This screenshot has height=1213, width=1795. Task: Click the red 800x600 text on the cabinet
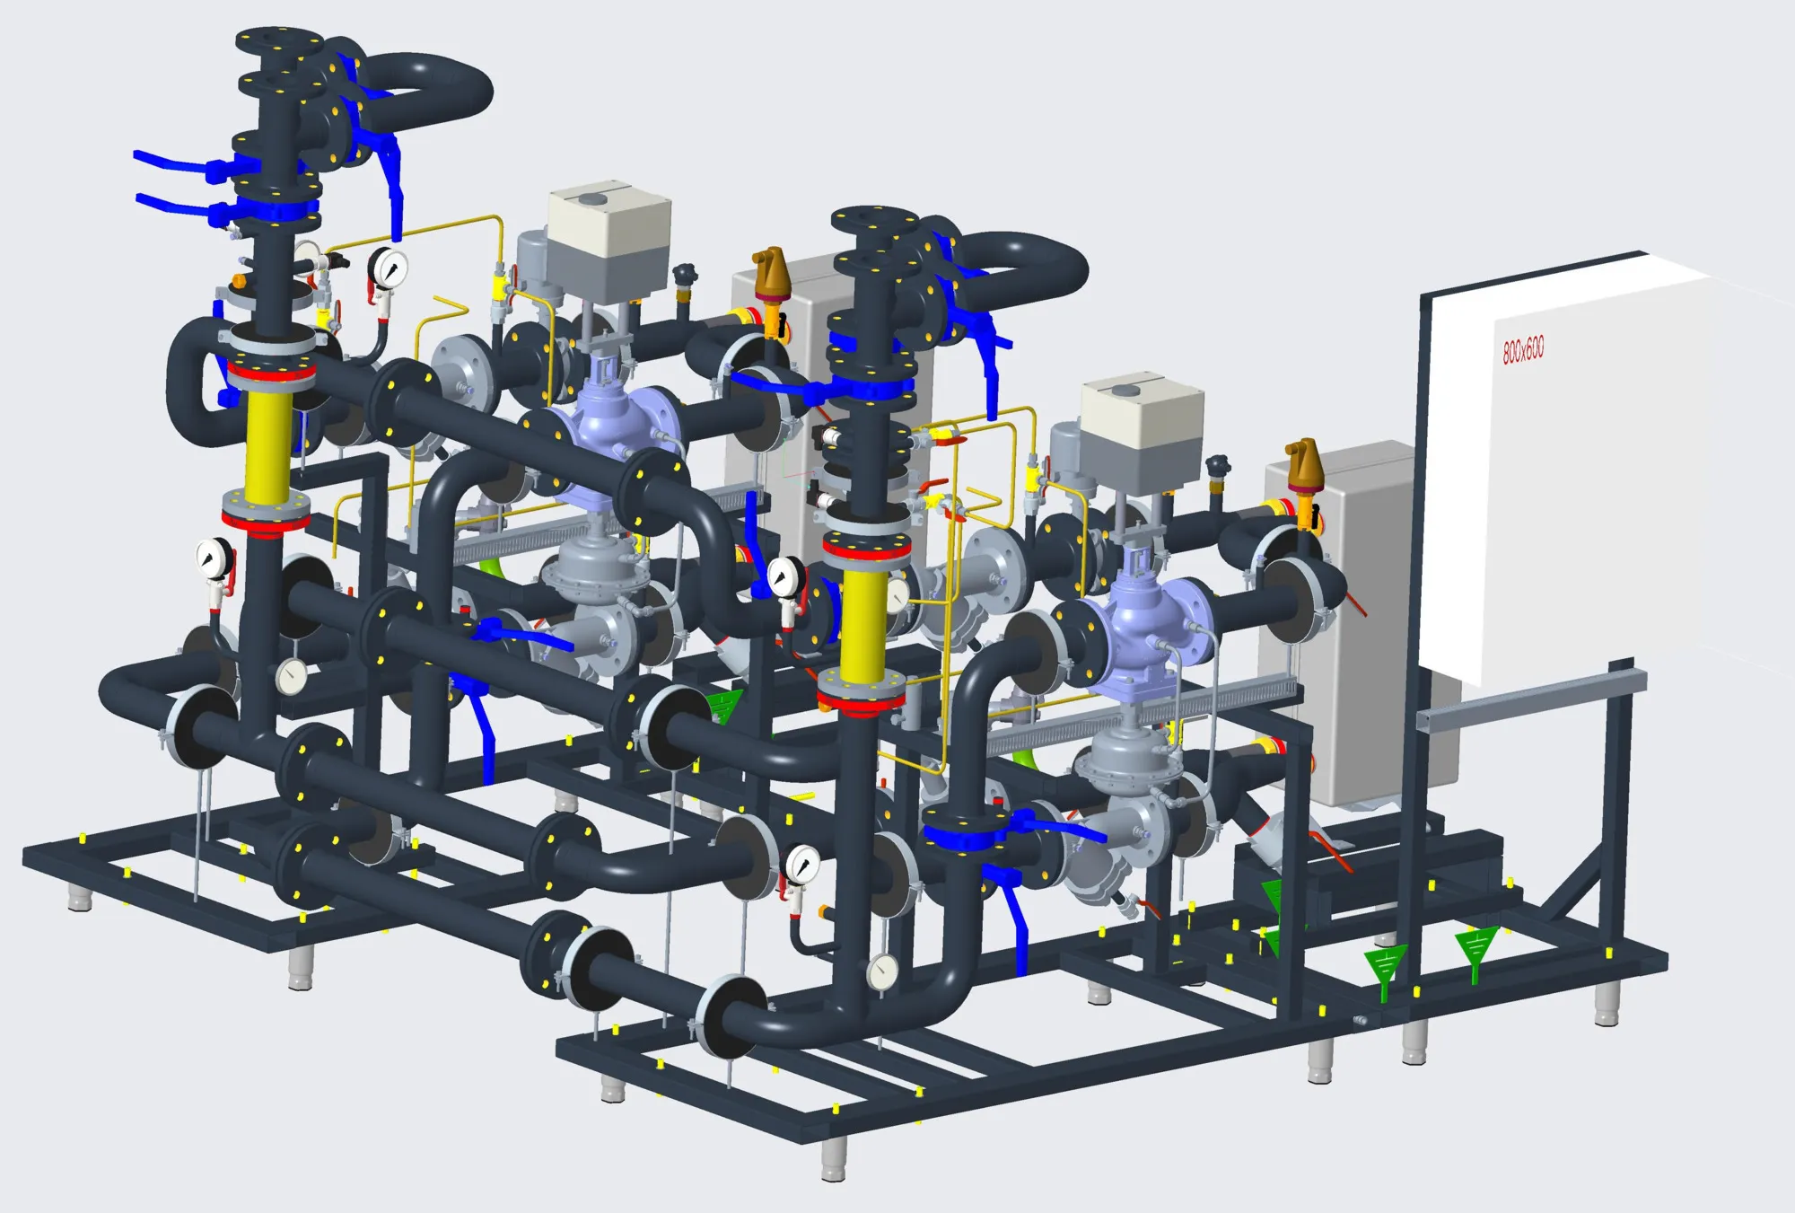[1523, 349]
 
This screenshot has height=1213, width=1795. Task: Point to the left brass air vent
[770, 277]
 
